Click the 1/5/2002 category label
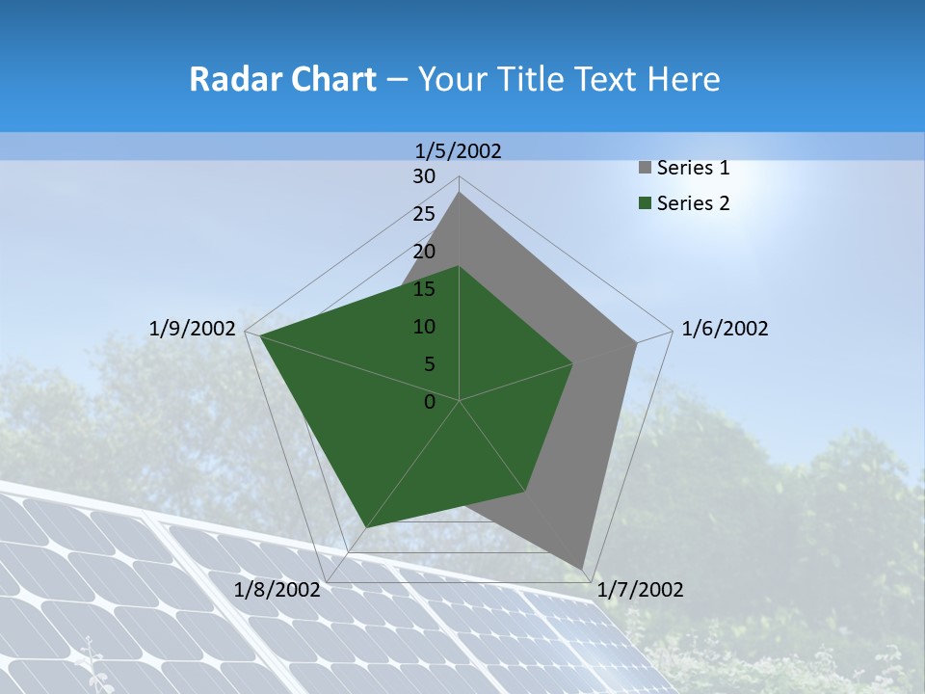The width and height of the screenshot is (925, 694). pyautogui.click(x=459, y=151)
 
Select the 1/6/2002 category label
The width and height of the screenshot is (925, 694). pyautogui.click(x=725, y=329)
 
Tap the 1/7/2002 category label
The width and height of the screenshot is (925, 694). pyautogui.click(x=640, y=590)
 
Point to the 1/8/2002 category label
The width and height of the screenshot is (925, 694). pyautogui.click(x=277, y=590)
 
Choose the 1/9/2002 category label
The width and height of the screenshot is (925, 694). pyautogui.click(x=193, y=329)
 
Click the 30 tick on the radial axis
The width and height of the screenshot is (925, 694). pyautogui.click(x=424, y=176)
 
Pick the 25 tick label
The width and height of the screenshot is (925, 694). pyautogui.click(x=424, y=214)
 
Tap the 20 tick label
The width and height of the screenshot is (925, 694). pyautogui.click(x=424, y=252)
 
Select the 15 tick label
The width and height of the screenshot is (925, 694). pyautogui.click(x=424, y=289)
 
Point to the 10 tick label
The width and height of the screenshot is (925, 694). pyautogui.click(x=424, y=327)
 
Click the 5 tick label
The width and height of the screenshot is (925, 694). pyautogui.click(x=429, y=364)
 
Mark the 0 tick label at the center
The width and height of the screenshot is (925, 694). pyautogui.click(x=430, y=402)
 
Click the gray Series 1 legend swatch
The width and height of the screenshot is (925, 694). pyautogui.click(x=645, y=169)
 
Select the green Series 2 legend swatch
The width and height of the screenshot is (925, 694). pyautogui.click(x=645, y=203)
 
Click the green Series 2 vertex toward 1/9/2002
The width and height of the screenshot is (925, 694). pyautogui.click(x=260, y=335)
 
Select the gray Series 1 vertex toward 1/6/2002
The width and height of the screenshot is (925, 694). pyautogui.click(x=636, y=342)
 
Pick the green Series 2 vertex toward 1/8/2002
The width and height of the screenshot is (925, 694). pyautogui.click(x=366, y=527)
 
